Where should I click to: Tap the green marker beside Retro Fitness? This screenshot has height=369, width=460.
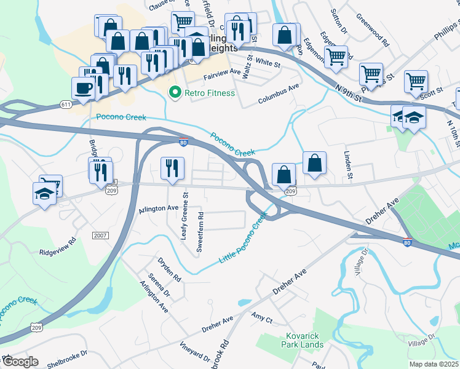click(175, 93)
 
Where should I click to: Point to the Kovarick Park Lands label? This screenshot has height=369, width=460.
click(304, 340)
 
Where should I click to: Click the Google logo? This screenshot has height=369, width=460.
click(20, 362)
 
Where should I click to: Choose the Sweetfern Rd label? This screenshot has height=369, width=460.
click(200, 232)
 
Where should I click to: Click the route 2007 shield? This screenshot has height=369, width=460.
click(100, 236)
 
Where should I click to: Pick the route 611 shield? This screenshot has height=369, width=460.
click(66, 105)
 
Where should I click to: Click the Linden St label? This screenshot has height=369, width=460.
click(349, 166)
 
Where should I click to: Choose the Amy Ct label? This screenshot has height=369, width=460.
click(262, 317)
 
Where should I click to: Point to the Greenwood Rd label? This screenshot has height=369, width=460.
click(376, 36)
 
